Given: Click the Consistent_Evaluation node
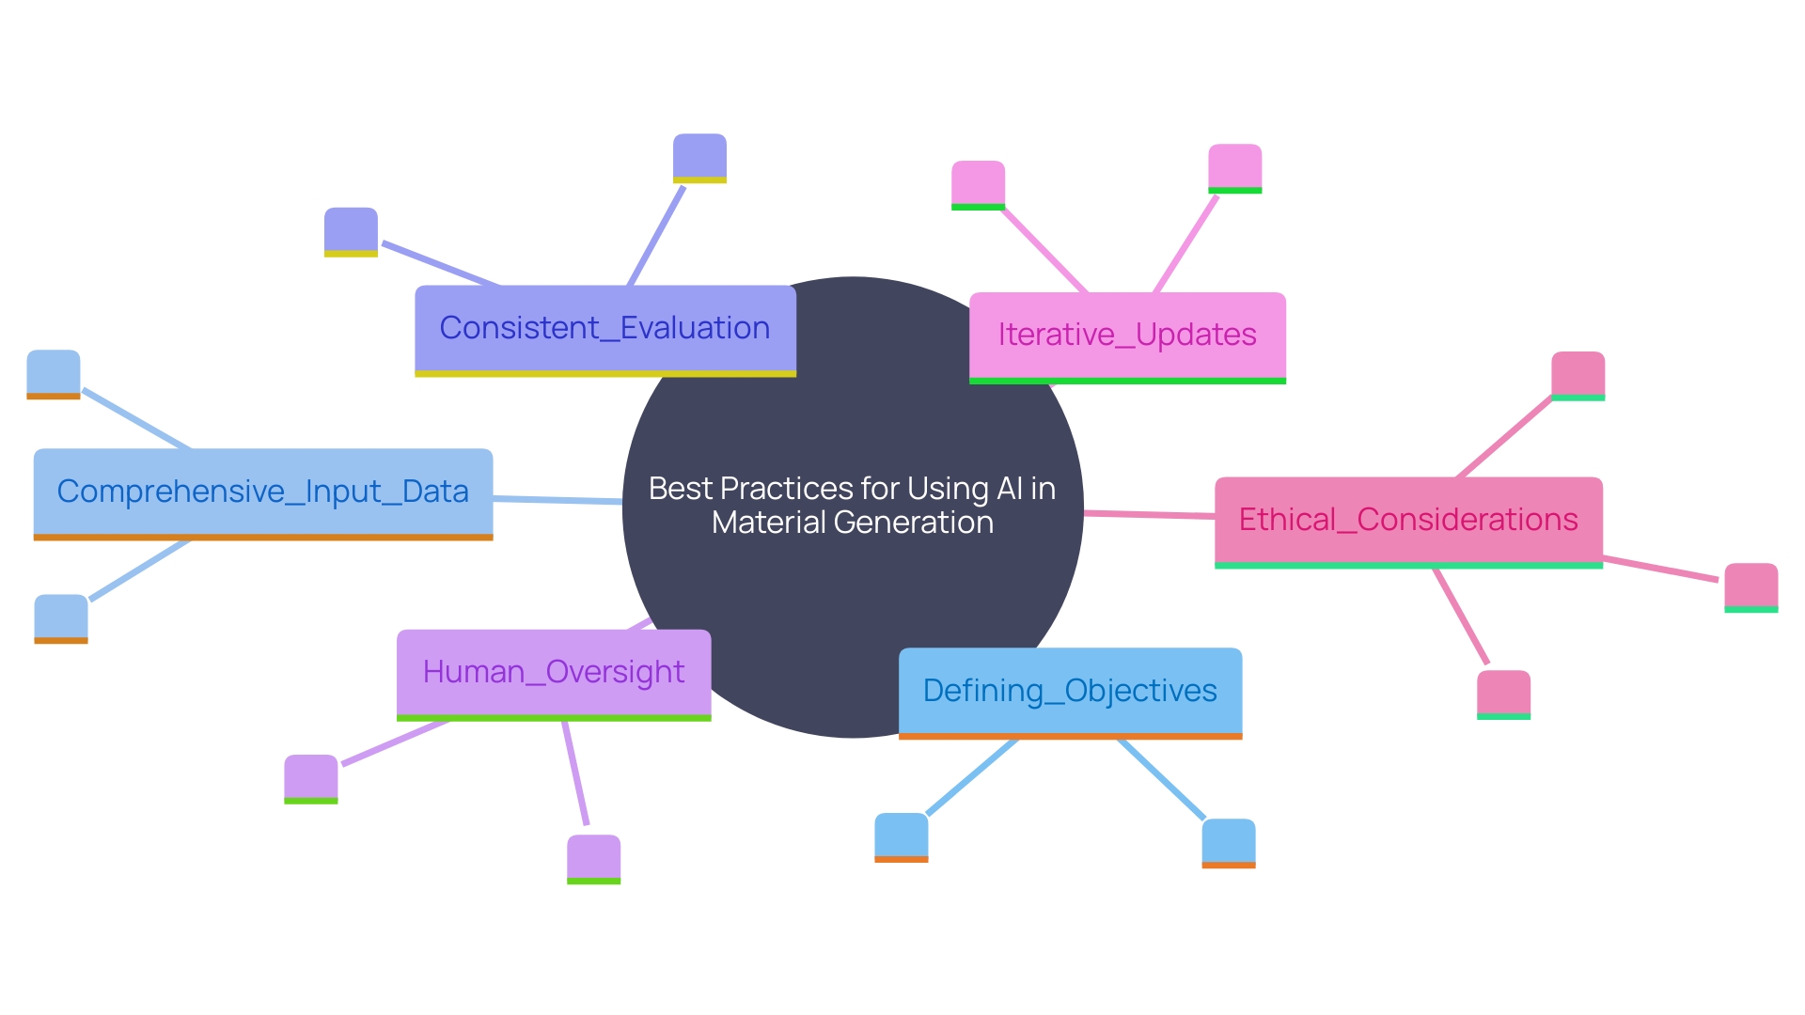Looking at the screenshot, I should pos(604,329).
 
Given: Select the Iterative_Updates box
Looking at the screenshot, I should pos(1127,336).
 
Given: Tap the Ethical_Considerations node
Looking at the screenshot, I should pos(1408,520).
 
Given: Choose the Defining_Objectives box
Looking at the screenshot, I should pos(1070,691).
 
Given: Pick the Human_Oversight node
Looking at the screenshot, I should pos(554,673).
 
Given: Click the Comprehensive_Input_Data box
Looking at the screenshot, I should pos(262,492).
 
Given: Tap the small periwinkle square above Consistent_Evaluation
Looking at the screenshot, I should pos(699,157).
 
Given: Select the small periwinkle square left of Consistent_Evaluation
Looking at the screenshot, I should pos(351,231).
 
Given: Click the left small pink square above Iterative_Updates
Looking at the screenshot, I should pos(978,184).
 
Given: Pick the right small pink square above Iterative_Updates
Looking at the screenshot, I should pos(1234,167).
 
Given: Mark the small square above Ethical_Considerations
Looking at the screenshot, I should pos(1577,375).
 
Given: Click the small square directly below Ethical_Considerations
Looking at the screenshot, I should pos(1503,694).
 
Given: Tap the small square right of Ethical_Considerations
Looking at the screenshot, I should pos(1750,586).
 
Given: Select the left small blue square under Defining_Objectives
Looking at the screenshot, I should pos(901,836).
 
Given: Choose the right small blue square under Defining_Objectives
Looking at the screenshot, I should pos(1228,842).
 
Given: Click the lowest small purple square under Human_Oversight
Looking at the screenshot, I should pos(593,858).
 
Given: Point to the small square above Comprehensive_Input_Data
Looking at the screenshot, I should pos(53,373).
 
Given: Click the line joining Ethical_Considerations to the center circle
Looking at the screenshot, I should pos(1149,514).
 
